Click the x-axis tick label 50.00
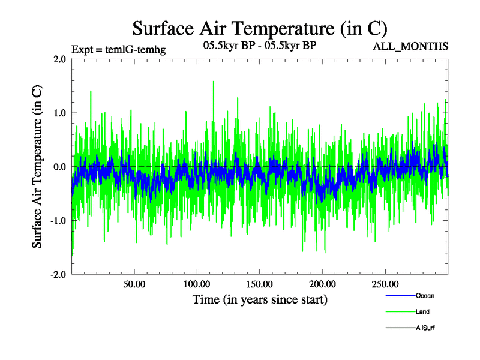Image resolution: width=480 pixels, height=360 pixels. pyautogui.click(x=134, y=284)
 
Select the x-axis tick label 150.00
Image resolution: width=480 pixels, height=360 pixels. pyautogui.click(x=259, y=284)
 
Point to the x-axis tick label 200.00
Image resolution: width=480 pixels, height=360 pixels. pyautogui.click(x=322, y=284)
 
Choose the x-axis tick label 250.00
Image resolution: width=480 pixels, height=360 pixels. pyautogui.click(x=385, y=284)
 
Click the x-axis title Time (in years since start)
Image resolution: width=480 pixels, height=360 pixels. pyautogui.click(x=260, y=299)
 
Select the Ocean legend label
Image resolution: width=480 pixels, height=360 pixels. pyautogui.click(x=425, y=296)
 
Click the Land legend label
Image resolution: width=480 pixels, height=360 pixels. pyautogui.click(x=422, y=312)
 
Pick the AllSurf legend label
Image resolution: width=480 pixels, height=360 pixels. pyautogui.click(x=425, y=328)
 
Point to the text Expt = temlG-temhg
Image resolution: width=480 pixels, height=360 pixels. pyautogui.click(x=118, y=49)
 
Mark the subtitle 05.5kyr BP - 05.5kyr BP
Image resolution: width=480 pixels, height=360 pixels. pyautogui.click(x=259, y=45)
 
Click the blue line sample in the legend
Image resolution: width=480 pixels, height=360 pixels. pyautogui.click(x=400, y=296)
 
